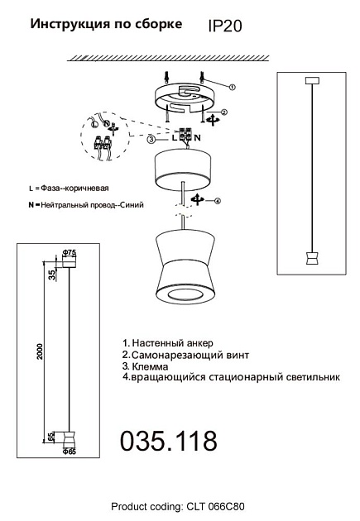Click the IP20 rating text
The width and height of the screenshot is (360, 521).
(226, 26)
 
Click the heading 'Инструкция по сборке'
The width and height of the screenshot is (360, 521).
(107, 25)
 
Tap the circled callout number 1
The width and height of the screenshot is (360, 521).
(233, 86)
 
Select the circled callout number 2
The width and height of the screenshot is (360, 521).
(224, 112)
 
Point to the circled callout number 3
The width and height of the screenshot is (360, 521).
(151, 140)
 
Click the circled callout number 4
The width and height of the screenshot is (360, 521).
(218, 201)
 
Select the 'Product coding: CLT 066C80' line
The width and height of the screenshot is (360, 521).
(179, 506)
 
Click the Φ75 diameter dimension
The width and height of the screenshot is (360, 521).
(69, 251)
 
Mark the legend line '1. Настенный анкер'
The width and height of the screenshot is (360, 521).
(166, 342)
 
